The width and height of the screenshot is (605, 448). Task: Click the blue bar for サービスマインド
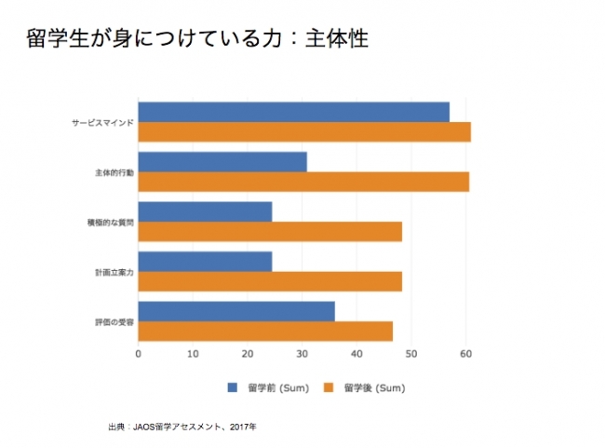[x=293, y=112]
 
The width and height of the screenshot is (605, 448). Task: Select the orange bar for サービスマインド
[x=304, y=132]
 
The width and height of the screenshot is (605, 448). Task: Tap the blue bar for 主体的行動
[x=222, y=162]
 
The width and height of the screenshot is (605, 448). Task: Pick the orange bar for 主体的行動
[x=303, y=182]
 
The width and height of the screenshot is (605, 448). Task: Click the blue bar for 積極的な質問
[x=205, y=211]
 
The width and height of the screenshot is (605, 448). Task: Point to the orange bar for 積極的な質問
[x=270, y=232]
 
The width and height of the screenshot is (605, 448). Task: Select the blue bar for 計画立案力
[x=205, y=262]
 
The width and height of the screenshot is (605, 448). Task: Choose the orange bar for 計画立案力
[x=270, y=281]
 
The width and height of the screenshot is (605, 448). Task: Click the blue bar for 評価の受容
[x=236, y=311]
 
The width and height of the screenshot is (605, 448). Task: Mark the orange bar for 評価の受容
[x=265, y=332]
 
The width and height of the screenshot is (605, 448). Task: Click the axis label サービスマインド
[x=102, y=122]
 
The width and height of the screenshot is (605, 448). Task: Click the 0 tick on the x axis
[x=139, y=354]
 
